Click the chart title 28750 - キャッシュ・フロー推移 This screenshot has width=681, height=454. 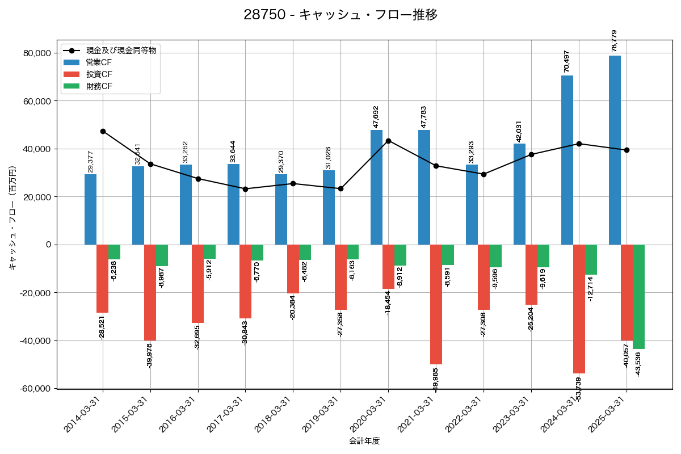(340, 15)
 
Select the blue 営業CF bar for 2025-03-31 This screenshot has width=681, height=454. (615, 150)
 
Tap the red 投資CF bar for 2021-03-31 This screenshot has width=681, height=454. (436, 304)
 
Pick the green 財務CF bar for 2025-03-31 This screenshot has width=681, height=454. (638, 297)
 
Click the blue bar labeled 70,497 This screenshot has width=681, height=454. (567, 160)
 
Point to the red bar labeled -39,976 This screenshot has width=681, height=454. (150, 292)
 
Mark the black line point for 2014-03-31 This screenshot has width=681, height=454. (103, 131)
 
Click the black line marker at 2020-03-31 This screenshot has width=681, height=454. (388, 141)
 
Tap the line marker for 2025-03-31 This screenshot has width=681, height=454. (627, 150)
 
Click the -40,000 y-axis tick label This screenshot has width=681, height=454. (35, 341)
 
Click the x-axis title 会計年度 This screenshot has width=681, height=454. (364, 441)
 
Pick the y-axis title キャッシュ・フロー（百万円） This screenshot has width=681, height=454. (12, 218)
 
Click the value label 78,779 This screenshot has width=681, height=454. (615, 41)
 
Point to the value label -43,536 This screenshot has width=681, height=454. (638, 364)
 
